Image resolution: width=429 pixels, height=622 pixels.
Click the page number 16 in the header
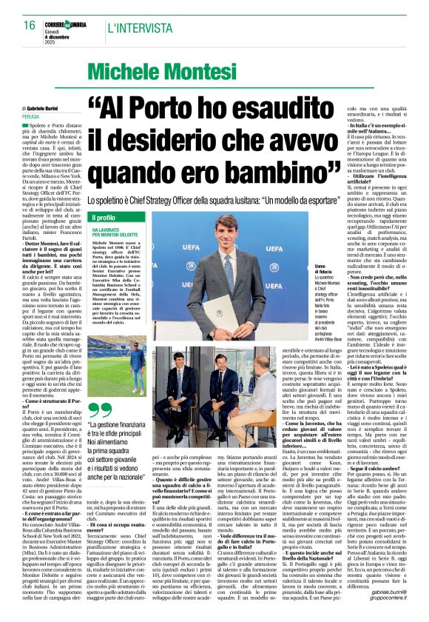[30, 25]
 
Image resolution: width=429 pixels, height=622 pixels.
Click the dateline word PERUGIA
[30, 116]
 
